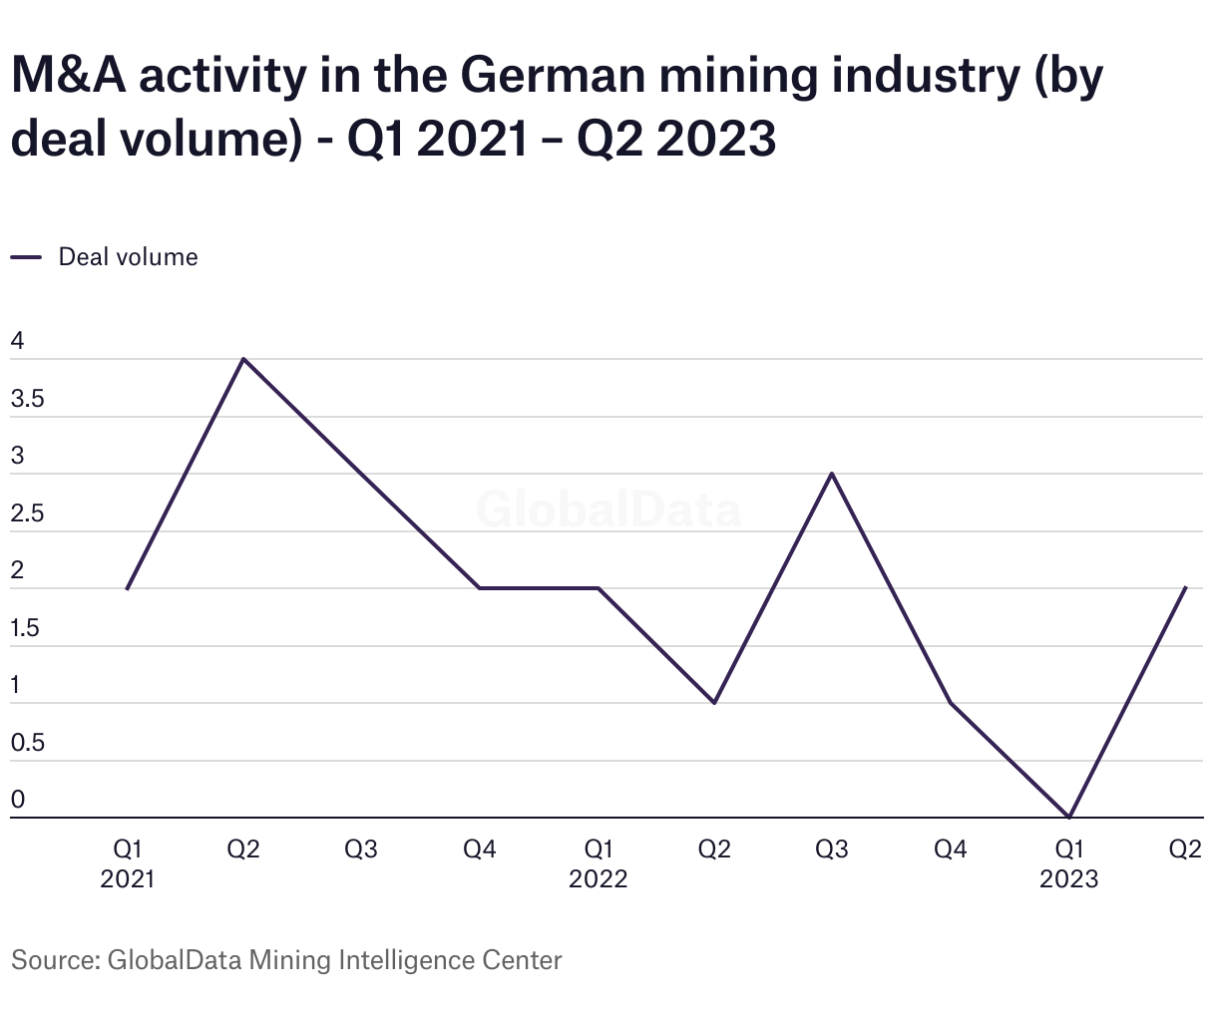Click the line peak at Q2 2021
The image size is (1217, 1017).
243,359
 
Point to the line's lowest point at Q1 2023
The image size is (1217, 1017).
1068,818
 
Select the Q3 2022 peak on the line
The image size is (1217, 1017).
832,474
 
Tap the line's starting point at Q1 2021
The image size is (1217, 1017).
128,588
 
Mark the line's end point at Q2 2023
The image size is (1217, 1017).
1185,588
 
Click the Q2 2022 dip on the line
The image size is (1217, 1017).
714,703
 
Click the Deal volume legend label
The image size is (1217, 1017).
128,257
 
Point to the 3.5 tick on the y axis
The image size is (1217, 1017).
27,400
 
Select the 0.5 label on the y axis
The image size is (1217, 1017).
27,744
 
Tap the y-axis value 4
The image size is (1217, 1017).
17,342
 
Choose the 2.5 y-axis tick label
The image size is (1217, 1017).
27,514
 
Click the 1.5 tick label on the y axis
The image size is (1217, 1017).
26,629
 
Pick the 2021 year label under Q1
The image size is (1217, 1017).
128,879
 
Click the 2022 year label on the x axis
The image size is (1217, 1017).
599,879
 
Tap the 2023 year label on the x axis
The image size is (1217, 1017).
1068,879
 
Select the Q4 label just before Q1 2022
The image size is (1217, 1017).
480,849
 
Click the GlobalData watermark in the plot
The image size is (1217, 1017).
608,509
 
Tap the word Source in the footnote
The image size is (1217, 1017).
53,961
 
